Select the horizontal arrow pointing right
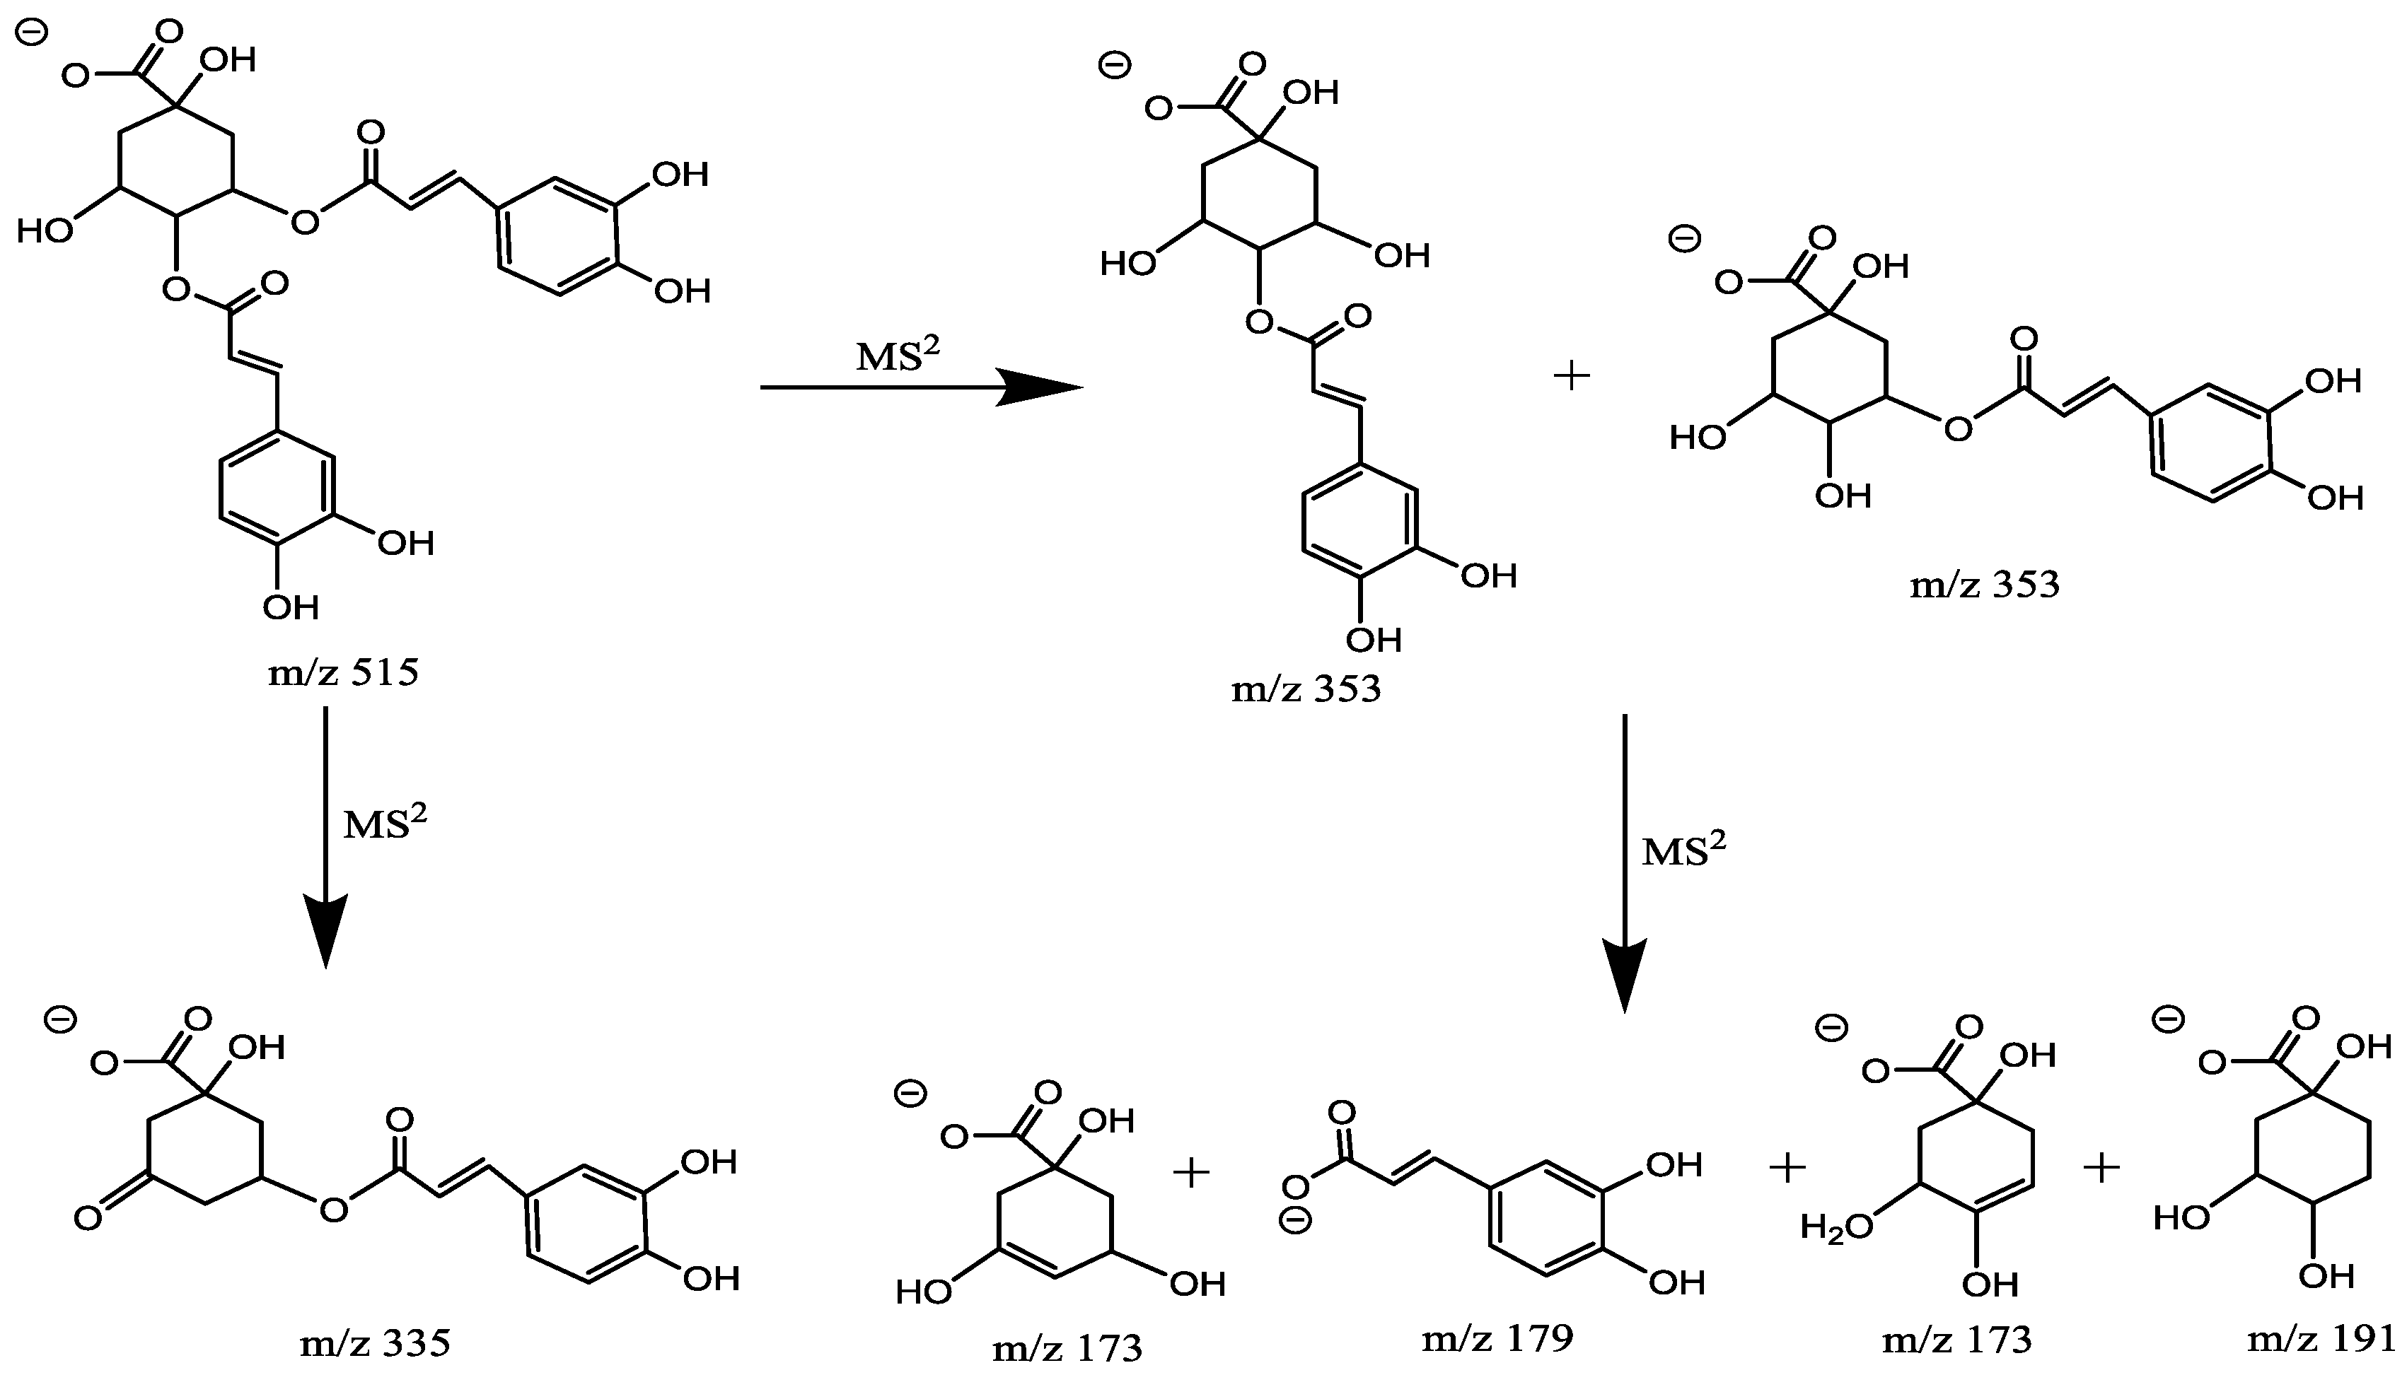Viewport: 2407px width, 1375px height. (x=921, y=387)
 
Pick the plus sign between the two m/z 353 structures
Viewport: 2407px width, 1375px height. (x=1572, y=377)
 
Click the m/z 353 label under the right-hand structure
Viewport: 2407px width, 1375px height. (x=1984, y=585)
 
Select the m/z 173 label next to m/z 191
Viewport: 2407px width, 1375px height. (x=1956, y=1340)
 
